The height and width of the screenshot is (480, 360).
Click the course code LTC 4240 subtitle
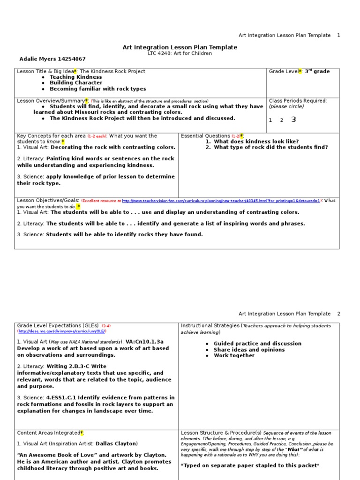click(x=180, y=53)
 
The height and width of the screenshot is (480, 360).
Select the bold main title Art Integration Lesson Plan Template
click(x=180, y=47)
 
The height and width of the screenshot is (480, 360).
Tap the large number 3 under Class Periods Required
click(x=294, y=120)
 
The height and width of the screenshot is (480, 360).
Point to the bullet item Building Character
click(x=76, y=83)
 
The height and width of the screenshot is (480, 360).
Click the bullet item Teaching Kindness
click(x=75, y=77)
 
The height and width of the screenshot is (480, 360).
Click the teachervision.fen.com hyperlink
click(x=221, y=201)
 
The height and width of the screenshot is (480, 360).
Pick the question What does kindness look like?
click(x=256, y=142)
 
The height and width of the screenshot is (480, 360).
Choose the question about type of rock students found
click(x=270, y=147)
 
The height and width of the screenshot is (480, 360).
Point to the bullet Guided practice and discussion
click(x=257, y=344)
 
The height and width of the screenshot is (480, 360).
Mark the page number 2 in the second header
click(x=339, y=314)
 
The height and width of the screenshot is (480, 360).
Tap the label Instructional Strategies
click(x=210, y=326)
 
